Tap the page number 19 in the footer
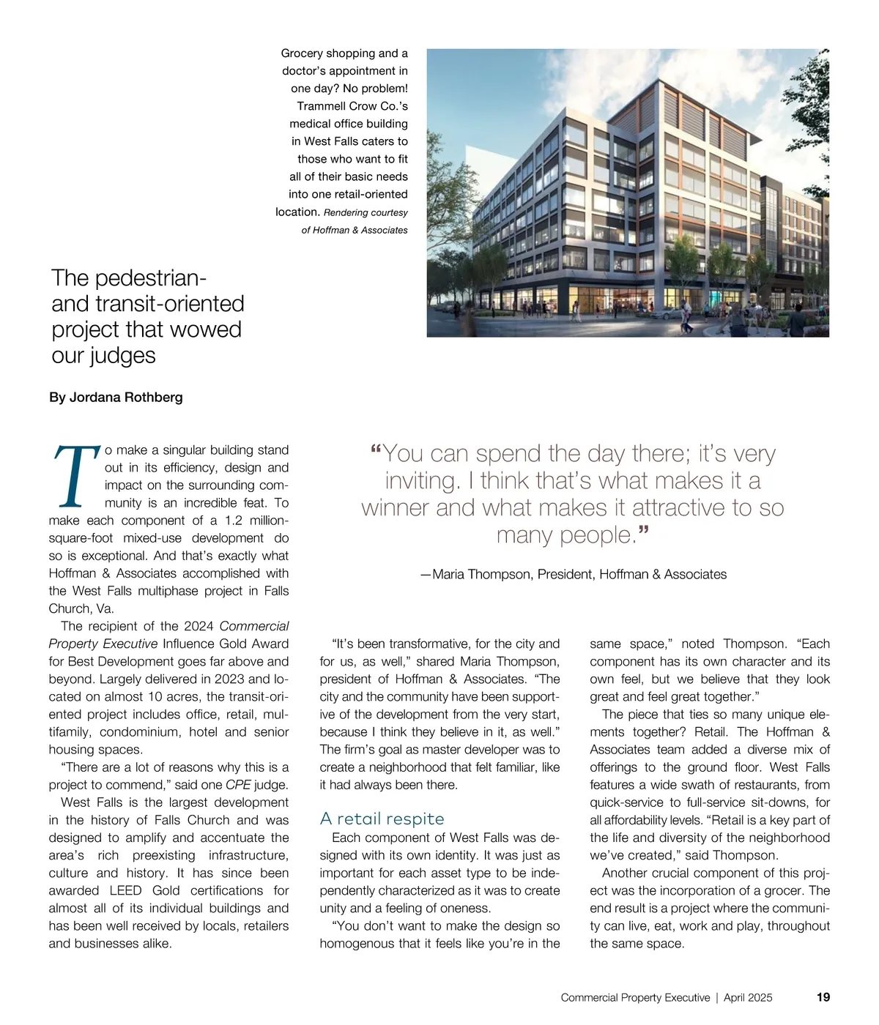pos(823,997)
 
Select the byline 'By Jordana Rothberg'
pos(116,398)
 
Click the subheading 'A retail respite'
pos(382,819)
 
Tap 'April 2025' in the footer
pos(748,997)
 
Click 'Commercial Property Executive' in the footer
pos(635,997)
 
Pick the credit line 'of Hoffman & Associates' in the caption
pos(355,230)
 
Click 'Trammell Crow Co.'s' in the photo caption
pos(352,106)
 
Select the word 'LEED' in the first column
pos(125,891)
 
